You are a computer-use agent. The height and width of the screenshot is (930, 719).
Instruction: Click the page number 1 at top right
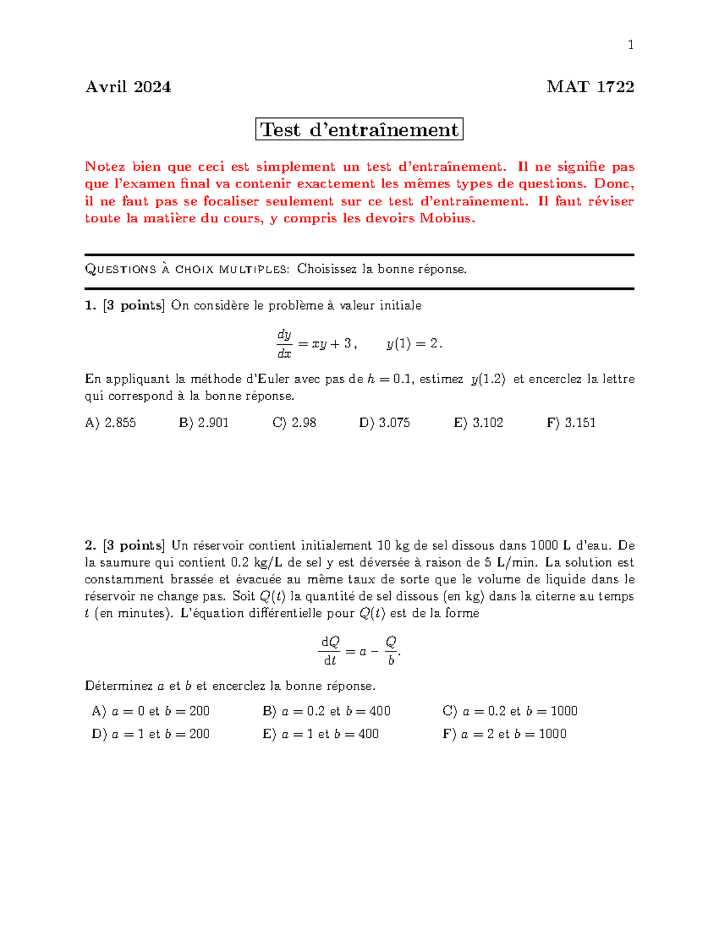pyautogui.click(x=630, y=45)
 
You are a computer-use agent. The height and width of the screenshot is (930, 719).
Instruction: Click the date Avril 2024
pyautogui.click(x=128, y=87)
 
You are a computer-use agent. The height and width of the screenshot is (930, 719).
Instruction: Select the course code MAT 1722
pyautogui.click(x=590, y=87)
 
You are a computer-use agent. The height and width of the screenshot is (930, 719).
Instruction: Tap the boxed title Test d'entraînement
pyautogui.click(x=359, y=129)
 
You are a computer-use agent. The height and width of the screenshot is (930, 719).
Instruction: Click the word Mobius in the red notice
pyautogui.click(x=446, y=219)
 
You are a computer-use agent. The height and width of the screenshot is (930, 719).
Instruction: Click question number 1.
pyautogui.click(x=90, y=305)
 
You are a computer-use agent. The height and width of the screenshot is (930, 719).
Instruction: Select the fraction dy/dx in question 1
pyautogui.click(x=284, y=344)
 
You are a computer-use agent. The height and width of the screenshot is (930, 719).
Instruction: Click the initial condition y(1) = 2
pyautogui.click(x=414, y=344)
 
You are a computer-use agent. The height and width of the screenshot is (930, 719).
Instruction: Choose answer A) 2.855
pyautogui.click(x=111, y=423)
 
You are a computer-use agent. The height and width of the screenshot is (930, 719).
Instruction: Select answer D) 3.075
pyautogui.click(x=385, y=423)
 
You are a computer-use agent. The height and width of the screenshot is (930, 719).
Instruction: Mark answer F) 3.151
pyautogui.click(x=571, y=423)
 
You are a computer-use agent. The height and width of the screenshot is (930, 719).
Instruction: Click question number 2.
pyautogui.click(x=90, y=546)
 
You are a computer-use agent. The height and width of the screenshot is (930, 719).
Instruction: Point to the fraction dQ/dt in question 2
pyautogui.click(x=330, y=651)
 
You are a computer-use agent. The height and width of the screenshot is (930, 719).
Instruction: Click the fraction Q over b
pyautogui.click(x=391, y=651)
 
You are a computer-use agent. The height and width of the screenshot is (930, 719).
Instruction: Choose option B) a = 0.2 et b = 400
pyautogui.click(x=327, y=711)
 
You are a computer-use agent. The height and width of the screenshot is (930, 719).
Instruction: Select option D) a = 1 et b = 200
pyautogui.click(x=150, y=734)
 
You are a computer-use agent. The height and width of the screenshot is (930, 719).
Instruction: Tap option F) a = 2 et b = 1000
pyautogui.click(x=504, y=734)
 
